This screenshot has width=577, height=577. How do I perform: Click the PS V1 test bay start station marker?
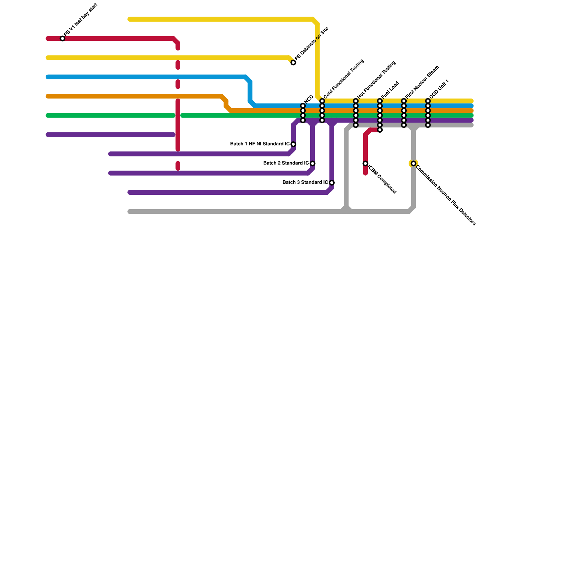click(x=62, y=39)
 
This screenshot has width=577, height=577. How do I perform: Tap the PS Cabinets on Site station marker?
click(x=293, y=63)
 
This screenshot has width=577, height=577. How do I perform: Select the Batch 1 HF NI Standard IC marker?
click(x=293, y=144)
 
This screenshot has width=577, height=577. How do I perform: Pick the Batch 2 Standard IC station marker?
click(x=312, y=163)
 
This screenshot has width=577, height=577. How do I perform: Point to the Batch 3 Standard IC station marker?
click(x=331, y=183)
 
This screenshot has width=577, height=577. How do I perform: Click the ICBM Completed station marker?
click(x=365, y=163)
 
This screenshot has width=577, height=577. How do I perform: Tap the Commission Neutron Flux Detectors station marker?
click(x=413, y=163)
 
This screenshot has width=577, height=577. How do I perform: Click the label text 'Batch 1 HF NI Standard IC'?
click(x=260, y=144)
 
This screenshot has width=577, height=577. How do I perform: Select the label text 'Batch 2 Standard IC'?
click(x=286, y=163)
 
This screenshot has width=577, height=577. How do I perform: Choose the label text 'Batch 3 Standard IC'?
click(x=305, y=182)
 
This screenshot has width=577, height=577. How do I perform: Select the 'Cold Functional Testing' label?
click(x=344, y=79)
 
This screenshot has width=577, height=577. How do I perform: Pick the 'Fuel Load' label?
click(x=390, y=90)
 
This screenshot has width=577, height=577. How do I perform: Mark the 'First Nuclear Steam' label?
click(x=422, y=82)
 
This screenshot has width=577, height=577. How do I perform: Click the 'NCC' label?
click(x=308, y=100)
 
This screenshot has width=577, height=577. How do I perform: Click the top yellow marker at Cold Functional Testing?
click(x=322, y=101)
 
